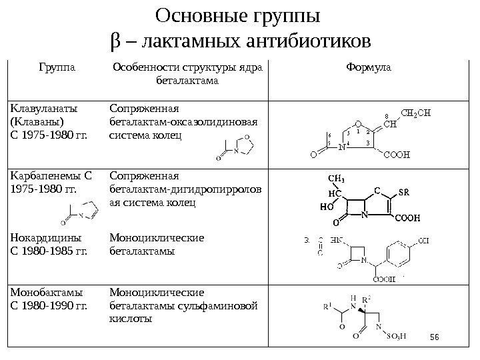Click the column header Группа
click(x=57, y=67)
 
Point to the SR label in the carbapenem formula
click(x=403, y=193)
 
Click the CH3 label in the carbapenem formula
click(x=337, y=179)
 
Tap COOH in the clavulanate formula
click(x=398, y=155)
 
